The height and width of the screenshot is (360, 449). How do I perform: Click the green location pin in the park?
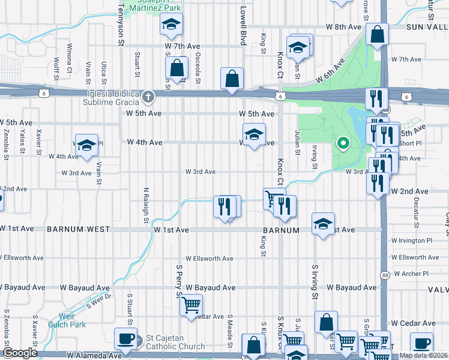[x=343, y=143]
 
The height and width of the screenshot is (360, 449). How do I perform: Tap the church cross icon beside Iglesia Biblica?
[x=149, y=96]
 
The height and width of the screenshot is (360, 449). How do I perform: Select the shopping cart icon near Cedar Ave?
[x=191, y=305]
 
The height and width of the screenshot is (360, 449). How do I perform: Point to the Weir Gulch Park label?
[x=73, y=320]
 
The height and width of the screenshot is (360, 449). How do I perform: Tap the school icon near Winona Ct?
[x=86, y=145]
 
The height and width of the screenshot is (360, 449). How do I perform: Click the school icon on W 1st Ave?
[x=323, y=224]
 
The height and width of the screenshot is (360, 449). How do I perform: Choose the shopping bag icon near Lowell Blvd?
[x=232, y=79]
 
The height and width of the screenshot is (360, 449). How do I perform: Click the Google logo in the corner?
[x=20, y=353]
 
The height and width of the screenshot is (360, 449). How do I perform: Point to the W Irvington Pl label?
[x=411, y=241]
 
